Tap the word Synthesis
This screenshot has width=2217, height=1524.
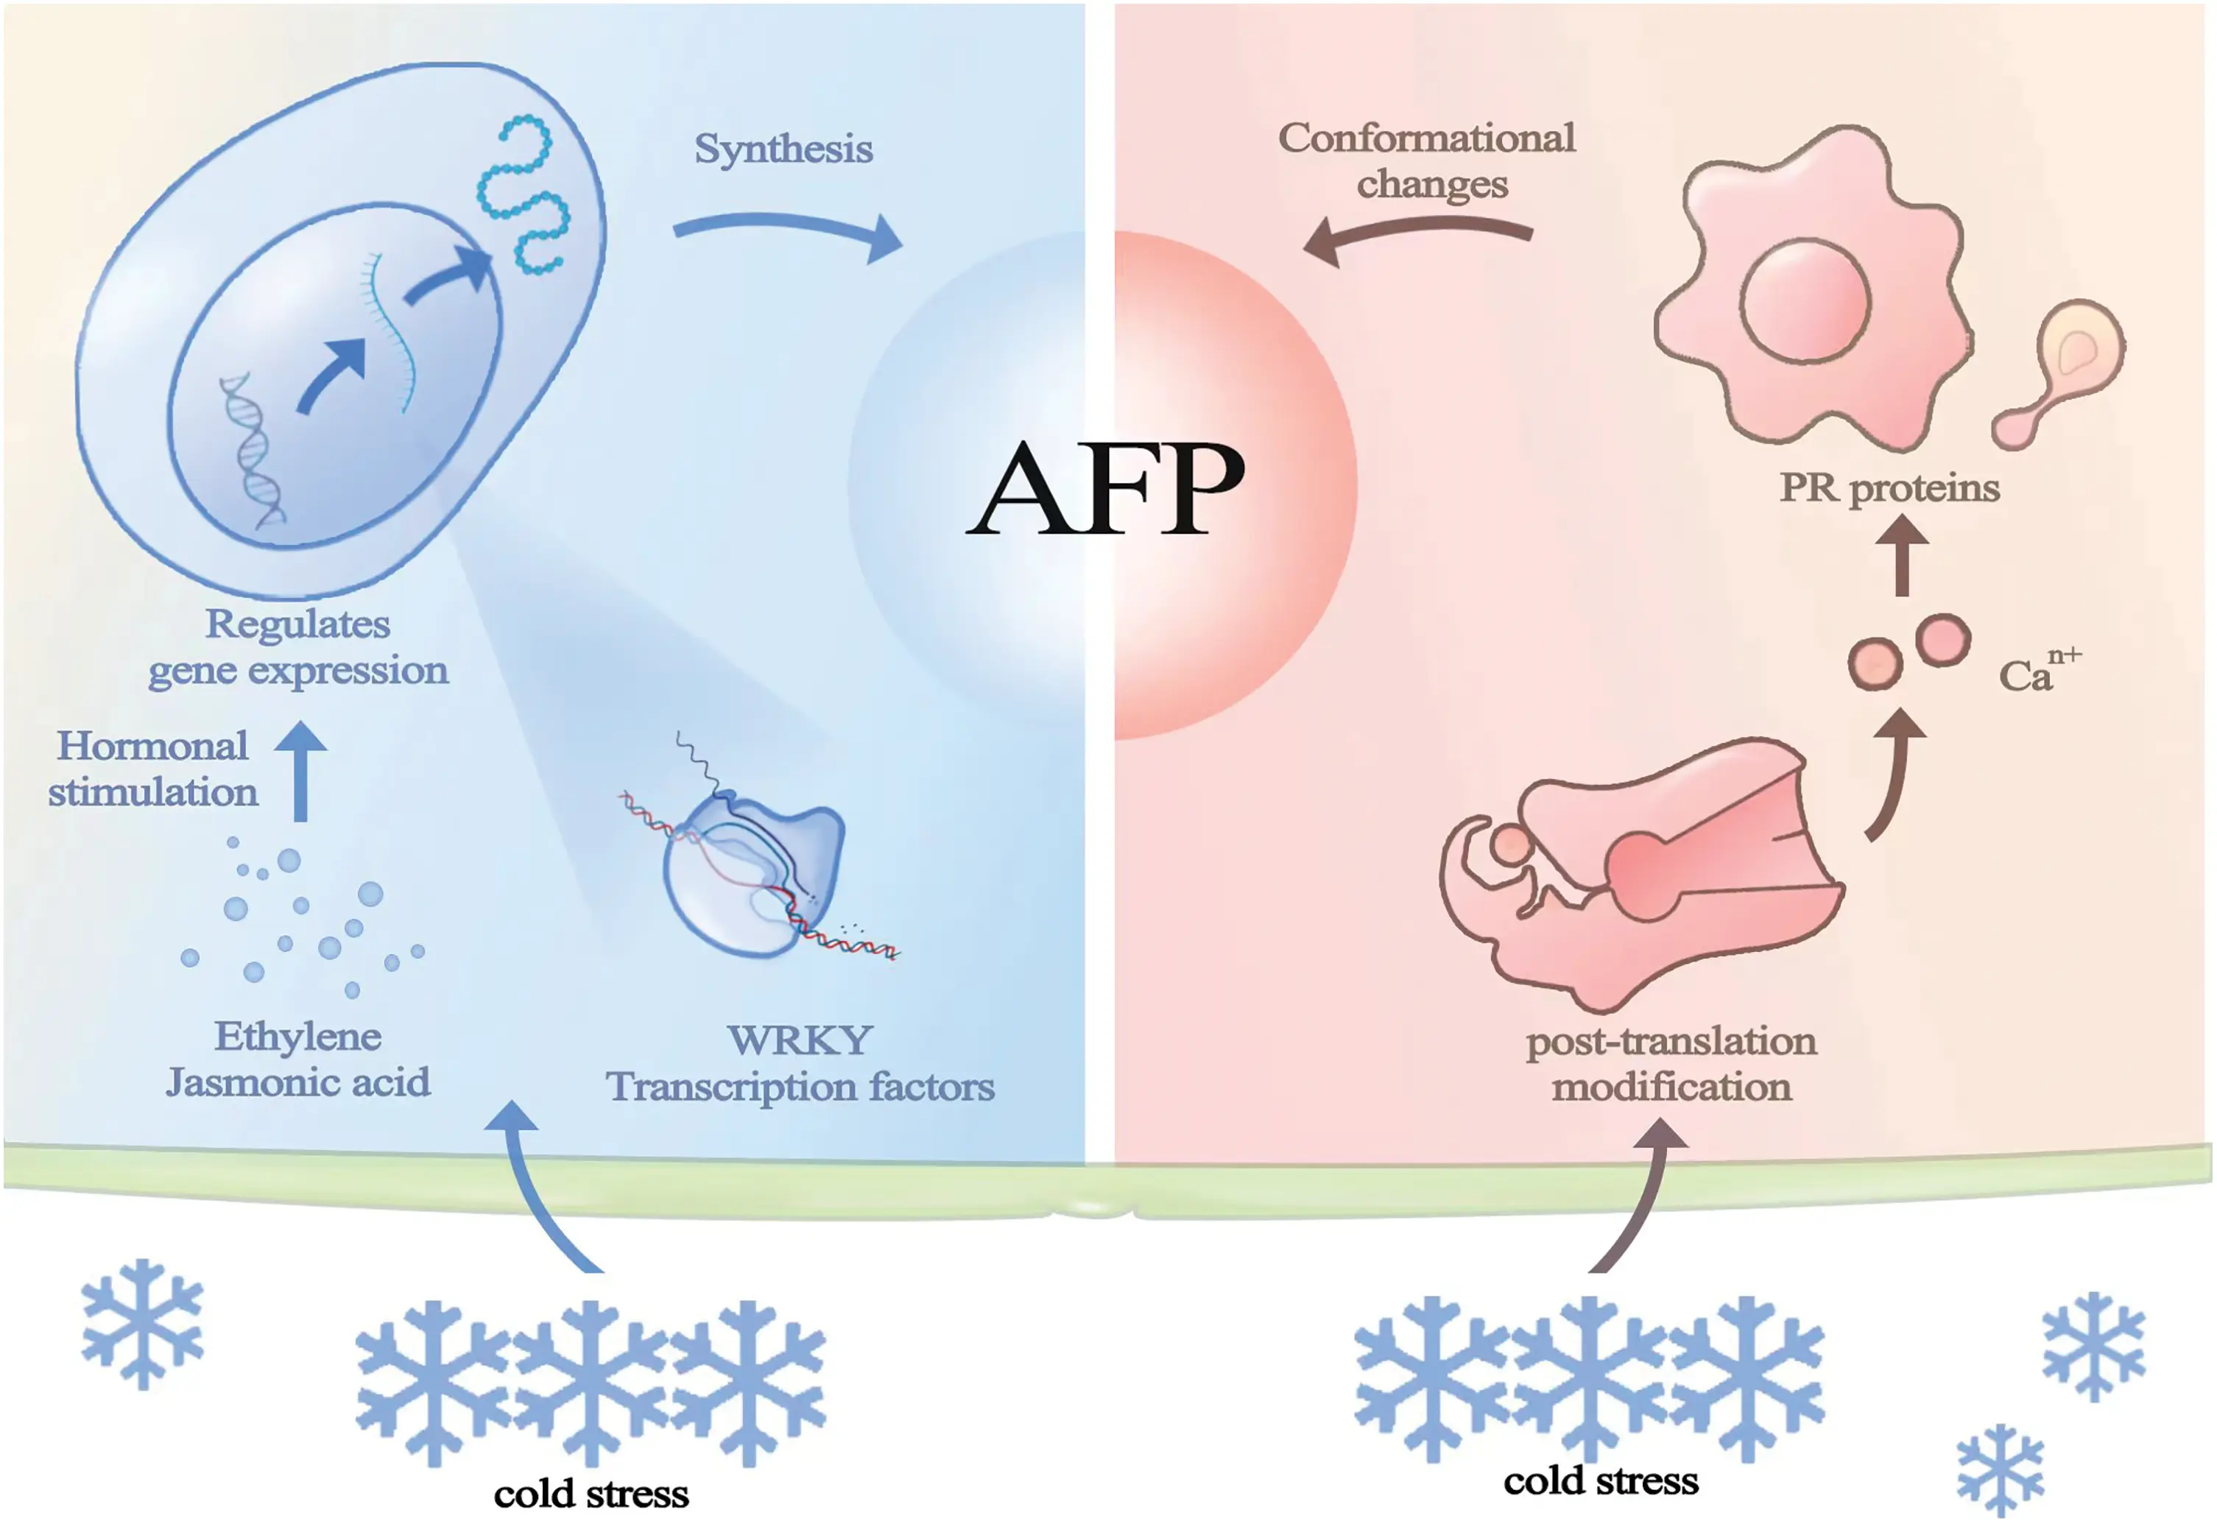[783, 149]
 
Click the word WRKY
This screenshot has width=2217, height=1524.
[800, 1040]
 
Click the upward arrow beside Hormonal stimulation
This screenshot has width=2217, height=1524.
[300, 769]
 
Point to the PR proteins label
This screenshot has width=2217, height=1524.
[1889, 488]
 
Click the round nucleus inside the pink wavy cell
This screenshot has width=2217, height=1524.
[1805, 302]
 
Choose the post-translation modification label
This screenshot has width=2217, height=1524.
[1671, 1064]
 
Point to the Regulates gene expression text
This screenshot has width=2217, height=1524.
[298, 647]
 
